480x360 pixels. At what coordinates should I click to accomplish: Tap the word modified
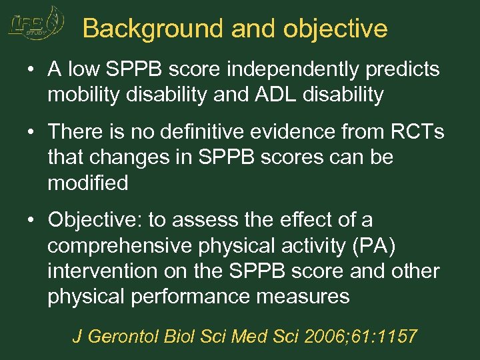coord(87,183)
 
